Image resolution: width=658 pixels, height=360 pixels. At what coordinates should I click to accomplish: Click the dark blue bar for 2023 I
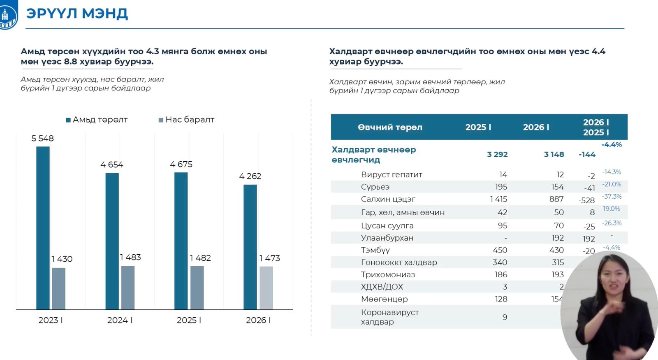click(43, 228)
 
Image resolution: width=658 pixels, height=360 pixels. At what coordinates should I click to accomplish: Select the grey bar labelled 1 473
click(266, 288)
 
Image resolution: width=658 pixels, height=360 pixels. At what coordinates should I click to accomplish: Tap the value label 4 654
click(112, 165)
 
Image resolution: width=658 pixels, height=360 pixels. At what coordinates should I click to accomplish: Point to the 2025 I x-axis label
click(189, 320)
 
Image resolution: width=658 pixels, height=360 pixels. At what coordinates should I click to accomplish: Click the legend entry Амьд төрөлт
click(97, 120)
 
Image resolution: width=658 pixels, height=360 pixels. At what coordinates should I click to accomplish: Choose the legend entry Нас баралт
click(187, 120)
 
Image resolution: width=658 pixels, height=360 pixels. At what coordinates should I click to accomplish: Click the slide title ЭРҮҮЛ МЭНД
click(77, 14)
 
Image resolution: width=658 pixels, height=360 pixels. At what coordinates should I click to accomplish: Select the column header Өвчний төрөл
click(390, 128)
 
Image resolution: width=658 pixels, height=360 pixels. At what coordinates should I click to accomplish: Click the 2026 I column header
click(536, 128)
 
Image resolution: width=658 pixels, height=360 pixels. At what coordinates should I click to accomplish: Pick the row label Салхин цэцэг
click(388, 199)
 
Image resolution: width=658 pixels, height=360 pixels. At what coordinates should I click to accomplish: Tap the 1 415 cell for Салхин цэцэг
click(498, 199)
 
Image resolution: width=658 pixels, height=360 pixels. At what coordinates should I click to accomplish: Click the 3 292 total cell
click(497, 154)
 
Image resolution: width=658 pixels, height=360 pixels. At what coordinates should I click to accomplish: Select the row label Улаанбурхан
click(387, 238)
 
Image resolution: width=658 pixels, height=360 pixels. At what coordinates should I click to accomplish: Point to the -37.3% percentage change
click(612, 197)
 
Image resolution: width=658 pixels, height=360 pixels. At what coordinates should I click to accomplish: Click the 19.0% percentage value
click(611, 209)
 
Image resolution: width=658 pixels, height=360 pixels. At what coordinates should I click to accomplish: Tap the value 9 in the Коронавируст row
click(505, 317)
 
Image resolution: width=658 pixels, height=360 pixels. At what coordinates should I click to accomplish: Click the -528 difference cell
click(586, 200)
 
